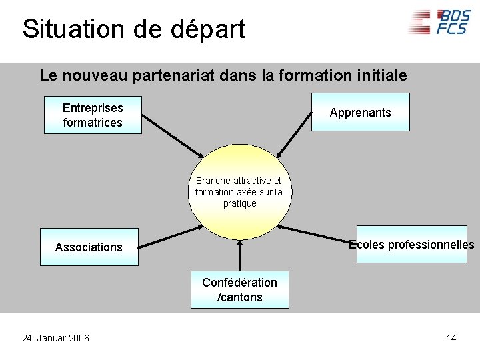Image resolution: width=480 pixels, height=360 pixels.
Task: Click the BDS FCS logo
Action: pyautogui.click(x=439, y=22)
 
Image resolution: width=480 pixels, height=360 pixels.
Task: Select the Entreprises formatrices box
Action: pyautogui.click(x=93, y=115)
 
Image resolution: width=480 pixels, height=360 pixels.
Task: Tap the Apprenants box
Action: pyautogui.click(x=361, y=112)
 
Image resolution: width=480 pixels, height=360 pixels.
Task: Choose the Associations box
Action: pyautogui.click(x=89, y=247)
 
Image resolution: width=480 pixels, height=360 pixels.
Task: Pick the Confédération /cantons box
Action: pyautogui.click(x=240, y=290)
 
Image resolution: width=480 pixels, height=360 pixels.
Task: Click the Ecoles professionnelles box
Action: pyautogui.click(x=411, y=245)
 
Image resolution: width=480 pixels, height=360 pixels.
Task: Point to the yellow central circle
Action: pyautogui.click(x=239, y=191)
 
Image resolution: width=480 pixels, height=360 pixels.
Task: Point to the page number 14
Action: pyautogui.click(x=451, y=339)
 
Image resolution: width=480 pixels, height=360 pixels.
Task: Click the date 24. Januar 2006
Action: pyautogui.click(x=55, y=339)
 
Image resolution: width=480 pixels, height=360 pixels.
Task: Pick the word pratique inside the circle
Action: pyautogui.click(x=239, y=203)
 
